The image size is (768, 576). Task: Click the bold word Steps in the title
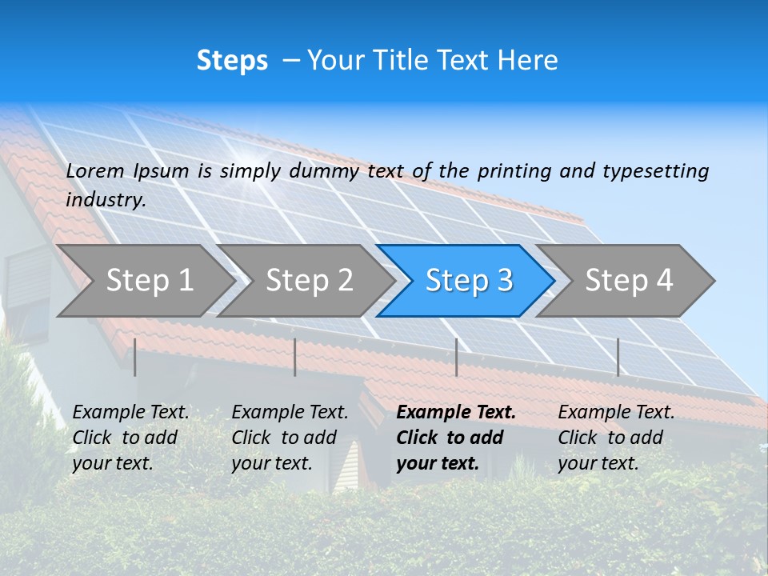(x=232, y=61)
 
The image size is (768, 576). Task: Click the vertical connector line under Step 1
(x=135, y=357)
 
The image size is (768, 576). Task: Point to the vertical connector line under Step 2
(x=295, y=357)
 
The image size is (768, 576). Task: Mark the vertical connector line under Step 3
(x=456, y=357)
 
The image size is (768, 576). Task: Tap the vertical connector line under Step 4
(x=618, y=357)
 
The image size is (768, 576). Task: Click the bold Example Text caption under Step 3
(x=456, y=437)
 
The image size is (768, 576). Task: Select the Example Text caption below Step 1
(x=130, y=437)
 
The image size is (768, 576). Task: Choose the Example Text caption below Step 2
(x=290, y=437)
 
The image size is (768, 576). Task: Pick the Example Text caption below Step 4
(x=616, y=437)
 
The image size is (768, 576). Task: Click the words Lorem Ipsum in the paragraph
(x=127, y=171)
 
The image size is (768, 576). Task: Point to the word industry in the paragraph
(x=105, y=199)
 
